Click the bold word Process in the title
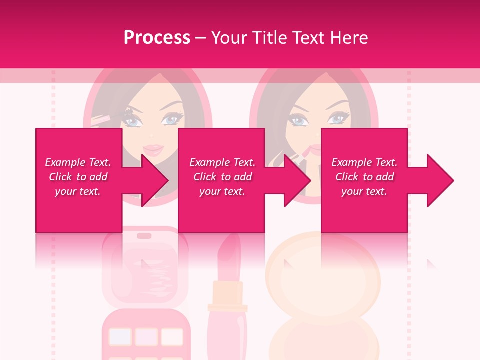click(x=157, y=38)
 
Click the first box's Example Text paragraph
click(x=78, y=177)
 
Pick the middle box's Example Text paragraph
click(x=222, y=177)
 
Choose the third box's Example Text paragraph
click(x=364, y=177)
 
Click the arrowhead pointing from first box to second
click(x=154, y=180)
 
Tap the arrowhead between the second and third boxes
click(x=297, y=180)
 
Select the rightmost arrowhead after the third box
click(x=440, y=180)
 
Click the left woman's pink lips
click(x=153, y=149)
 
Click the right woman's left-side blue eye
click(x=298, y=120)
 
